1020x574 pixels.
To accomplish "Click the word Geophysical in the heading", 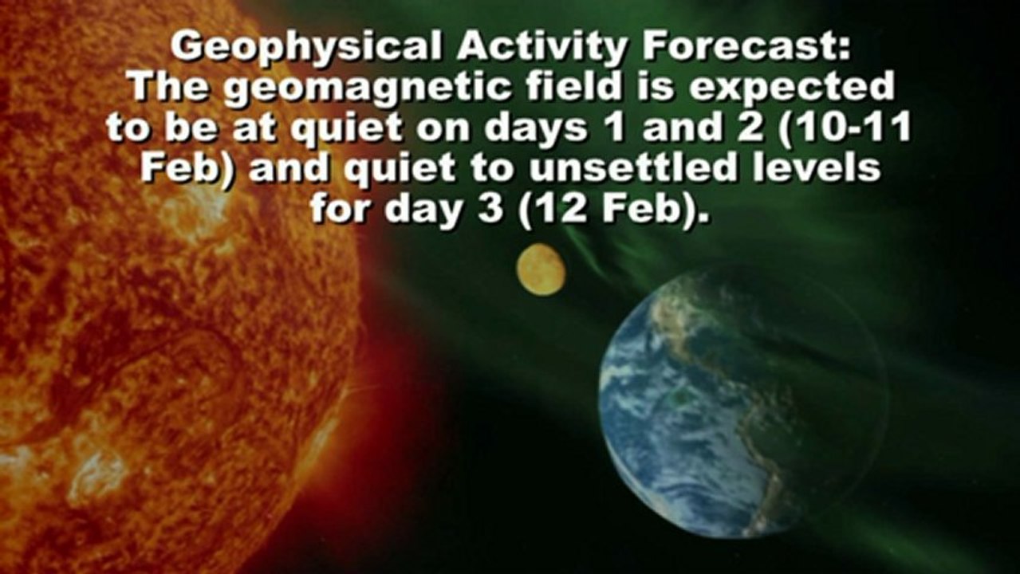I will [305, 48].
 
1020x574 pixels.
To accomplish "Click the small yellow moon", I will [541, 270].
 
